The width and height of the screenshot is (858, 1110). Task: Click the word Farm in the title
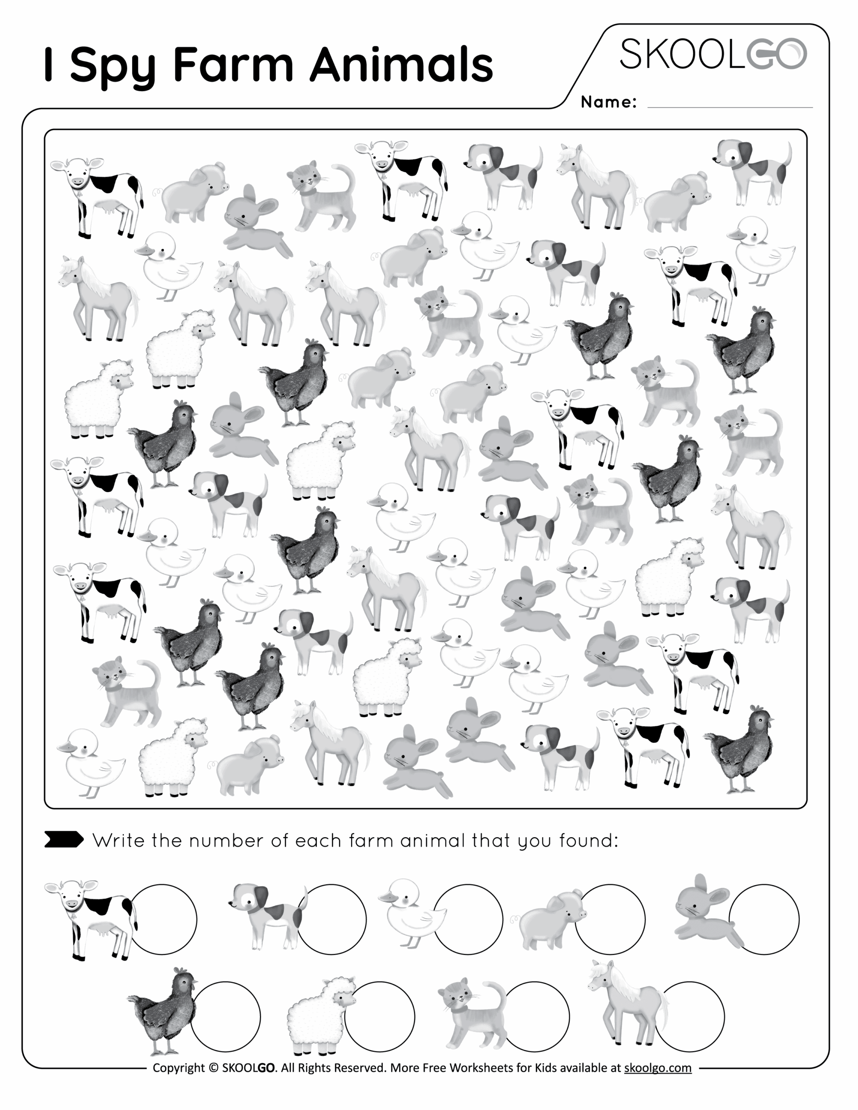(x=233, y=65)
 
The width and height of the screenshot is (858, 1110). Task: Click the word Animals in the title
(x=401, y=65)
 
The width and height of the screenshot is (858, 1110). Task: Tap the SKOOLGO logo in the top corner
(x=713, y=54)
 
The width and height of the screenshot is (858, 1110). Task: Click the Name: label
(x=608, y=102)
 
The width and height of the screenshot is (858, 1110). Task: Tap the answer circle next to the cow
(x=164, y=919)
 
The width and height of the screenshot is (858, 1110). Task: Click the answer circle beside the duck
(x=468, y=919)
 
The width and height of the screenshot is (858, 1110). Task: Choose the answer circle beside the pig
(x=610, y=919)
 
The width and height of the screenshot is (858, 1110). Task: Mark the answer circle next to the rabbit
(x=764, y=919)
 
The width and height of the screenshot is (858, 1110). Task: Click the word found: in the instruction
(x=589, y=841)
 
